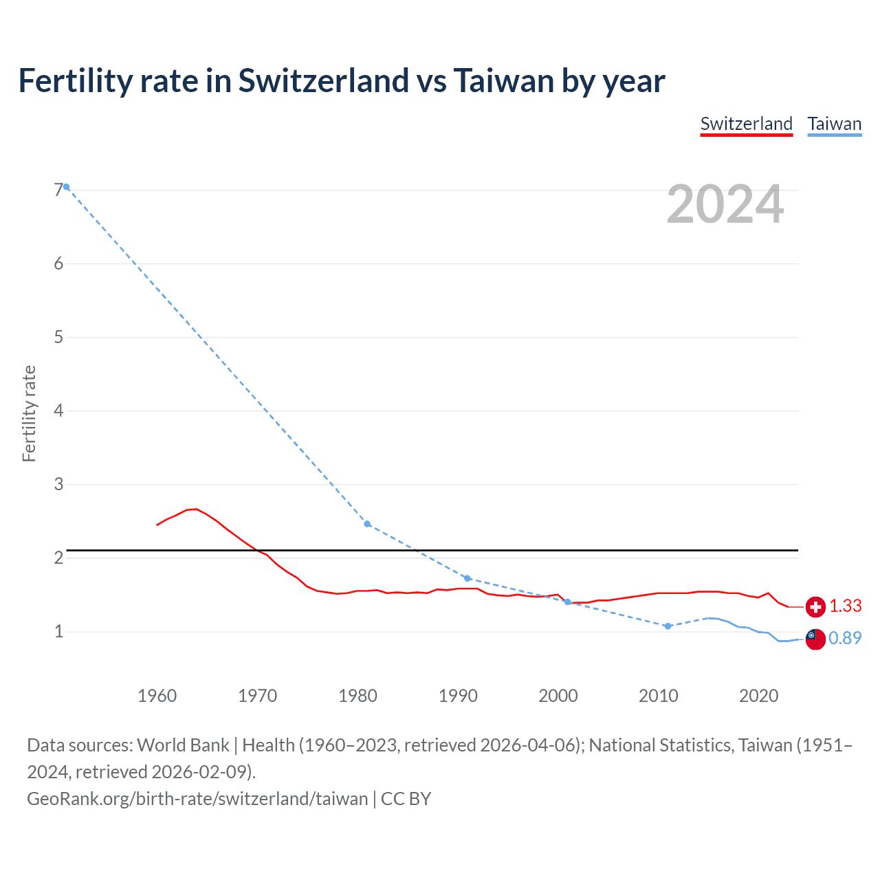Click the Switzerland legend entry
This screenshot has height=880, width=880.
coord(746,124)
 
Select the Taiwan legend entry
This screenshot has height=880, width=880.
coord(834,124)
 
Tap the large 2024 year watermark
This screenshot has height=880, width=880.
coord(725,204)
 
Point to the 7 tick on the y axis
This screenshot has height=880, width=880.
coord(58,190)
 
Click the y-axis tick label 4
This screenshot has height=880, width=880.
coord(58,410)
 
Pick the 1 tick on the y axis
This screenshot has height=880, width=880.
coord(58,631)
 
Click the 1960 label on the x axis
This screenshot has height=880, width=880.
coord(157,696)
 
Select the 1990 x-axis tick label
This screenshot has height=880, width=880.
coord(458,696)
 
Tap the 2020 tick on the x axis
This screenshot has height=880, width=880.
coord(758,696)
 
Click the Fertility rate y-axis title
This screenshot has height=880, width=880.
coord(29,414)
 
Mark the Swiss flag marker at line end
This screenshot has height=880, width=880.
coord(815,606)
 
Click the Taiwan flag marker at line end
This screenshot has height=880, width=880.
coord(815,639)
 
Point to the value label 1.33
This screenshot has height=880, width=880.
coord(845,606)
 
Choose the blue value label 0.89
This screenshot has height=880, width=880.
coord(845,639)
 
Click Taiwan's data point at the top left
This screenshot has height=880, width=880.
coord(67,186)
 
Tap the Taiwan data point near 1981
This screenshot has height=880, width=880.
coord(367,524)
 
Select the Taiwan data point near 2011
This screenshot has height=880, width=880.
coord(668,626)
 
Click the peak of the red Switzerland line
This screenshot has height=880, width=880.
coord(196,509)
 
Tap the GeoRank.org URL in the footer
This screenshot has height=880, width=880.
coord(197,799)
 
